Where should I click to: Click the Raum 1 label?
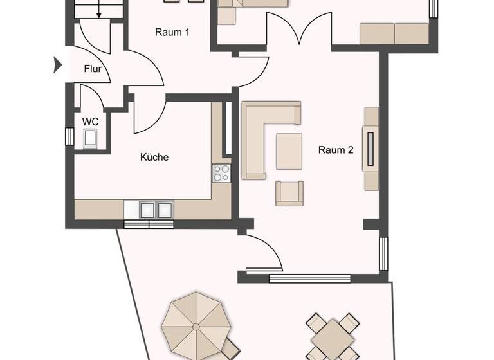tap(172, 32)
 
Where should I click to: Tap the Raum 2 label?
tap(336, 150)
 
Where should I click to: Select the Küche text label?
tap(154, 156)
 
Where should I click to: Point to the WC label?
tap(89, 120)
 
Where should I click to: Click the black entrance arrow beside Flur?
tap(57, 64)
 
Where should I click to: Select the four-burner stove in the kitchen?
tap(221, 172)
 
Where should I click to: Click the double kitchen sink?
tap(149, 210)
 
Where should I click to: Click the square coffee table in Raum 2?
tap(289, 150)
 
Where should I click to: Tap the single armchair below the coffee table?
tap(289, 193)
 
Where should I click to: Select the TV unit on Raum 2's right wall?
tap(371, 148)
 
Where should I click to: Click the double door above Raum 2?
tap(299, 32)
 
